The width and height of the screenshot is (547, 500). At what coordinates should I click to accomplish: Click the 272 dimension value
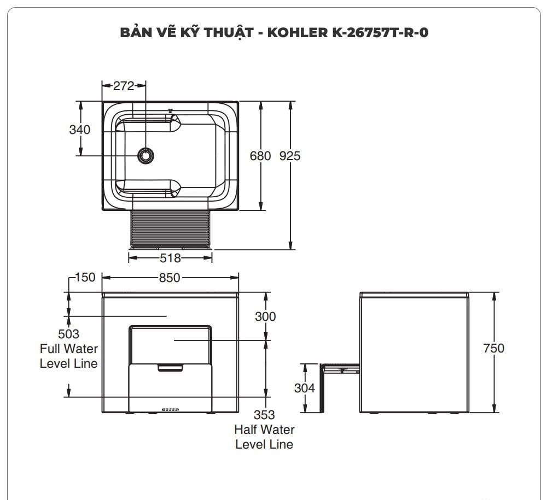click(124, 85)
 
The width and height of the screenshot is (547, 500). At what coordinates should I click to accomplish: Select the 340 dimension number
click(80, 130)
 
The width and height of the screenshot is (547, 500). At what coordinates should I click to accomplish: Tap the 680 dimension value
click(260, 156)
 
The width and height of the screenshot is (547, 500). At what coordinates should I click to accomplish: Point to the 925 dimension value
click(290, 156)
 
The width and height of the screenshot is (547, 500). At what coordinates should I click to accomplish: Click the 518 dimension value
click(170, 258)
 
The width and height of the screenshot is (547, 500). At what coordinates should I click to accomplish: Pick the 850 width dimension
click(170, 278)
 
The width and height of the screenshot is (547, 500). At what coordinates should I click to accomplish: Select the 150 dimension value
click(85, 277)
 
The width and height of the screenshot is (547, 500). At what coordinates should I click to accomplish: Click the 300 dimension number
click(266, 316)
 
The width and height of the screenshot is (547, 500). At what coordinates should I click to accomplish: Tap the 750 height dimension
click(493, 348)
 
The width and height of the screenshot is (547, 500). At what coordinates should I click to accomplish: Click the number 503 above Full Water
click(68, 334)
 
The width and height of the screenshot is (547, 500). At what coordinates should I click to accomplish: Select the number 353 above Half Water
click(264, 415)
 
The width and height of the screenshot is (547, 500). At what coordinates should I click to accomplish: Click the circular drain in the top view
click(146, 156)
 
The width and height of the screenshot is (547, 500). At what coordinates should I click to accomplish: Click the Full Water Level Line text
click(68, 356)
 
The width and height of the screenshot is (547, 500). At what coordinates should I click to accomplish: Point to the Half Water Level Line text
click(264, 437)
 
